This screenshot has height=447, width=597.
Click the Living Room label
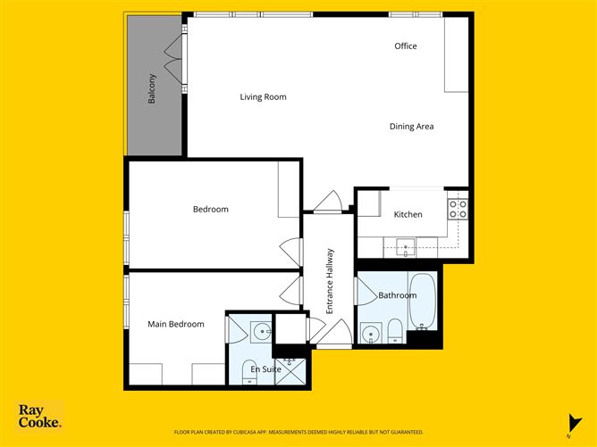click(263, 97)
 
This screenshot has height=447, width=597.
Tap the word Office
click(406, 46)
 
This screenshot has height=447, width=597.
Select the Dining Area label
click(411, 127)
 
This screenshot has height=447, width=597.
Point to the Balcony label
click(153, 88)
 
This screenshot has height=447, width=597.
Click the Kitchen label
click(408, 215)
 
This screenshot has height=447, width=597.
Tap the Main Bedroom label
click(175, 324)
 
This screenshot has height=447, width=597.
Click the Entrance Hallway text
click(329, 280)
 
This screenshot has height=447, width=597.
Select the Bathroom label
click(397, 295)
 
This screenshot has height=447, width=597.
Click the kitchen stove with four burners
click(458, 209)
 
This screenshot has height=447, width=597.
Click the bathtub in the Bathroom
click(423, 302)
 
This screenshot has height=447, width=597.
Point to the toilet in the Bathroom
click(394, 332)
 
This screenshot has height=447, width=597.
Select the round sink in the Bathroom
click(370, 335)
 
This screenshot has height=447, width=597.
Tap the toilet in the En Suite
click(248, 377)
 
